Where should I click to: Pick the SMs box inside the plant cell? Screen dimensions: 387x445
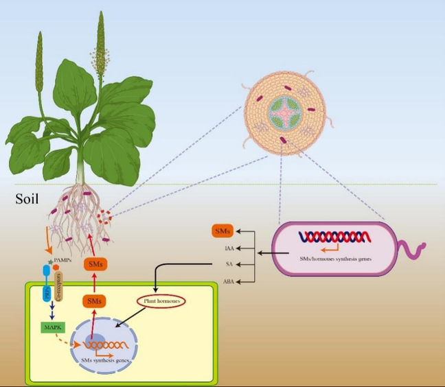(93, 301)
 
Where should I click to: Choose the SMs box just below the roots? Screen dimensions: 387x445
(94, 263)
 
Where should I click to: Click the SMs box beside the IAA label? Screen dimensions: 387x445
(221, 231)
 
